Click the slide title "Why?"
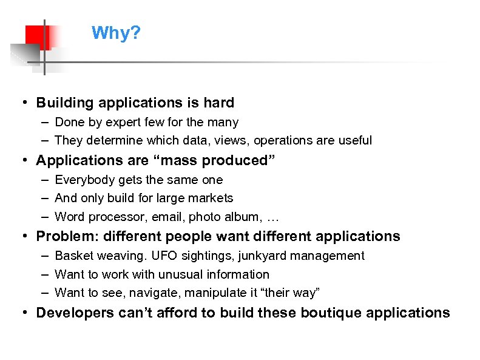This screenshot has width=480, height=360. click(116, 33)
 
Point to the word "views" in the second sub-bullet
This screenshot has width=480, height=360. click(234, 140)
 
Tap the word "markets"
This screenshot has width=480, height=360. click(212, 198)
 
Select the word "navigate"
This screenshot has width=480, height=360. click(135, 293)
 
